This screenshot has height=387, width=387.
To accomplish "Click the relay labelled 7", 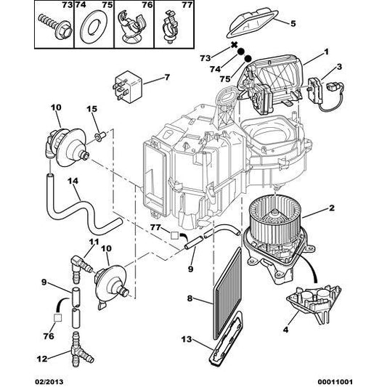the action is (127, 86).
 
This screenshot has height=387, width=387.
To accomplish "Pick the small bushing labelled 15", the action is (100, 137).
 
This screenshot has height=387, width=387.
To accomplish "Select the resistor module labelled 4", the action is (314, 304).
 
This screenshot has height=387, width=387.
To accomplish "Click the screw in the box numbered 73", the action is (55, 26).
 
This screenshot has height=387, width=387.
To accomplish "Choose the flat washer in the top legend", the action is (94, 27).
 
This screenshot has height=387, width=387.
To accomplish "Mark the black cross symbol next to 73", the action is (234, 45).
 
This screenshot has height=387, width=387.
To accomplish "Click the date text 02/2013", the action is (49, 382).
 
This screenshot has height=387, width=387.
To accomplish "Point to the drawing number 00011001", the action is (337, 382).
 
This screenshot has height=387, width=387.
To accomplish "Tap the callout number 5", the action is (293, 23).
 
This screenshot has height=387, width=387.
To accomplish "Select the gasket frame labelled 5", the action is (252, 23).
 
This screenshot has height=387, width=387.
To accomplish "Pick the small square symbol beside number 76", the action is (58, 318).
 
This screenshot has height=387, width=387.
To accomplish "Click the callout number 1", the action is (326, 52).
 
